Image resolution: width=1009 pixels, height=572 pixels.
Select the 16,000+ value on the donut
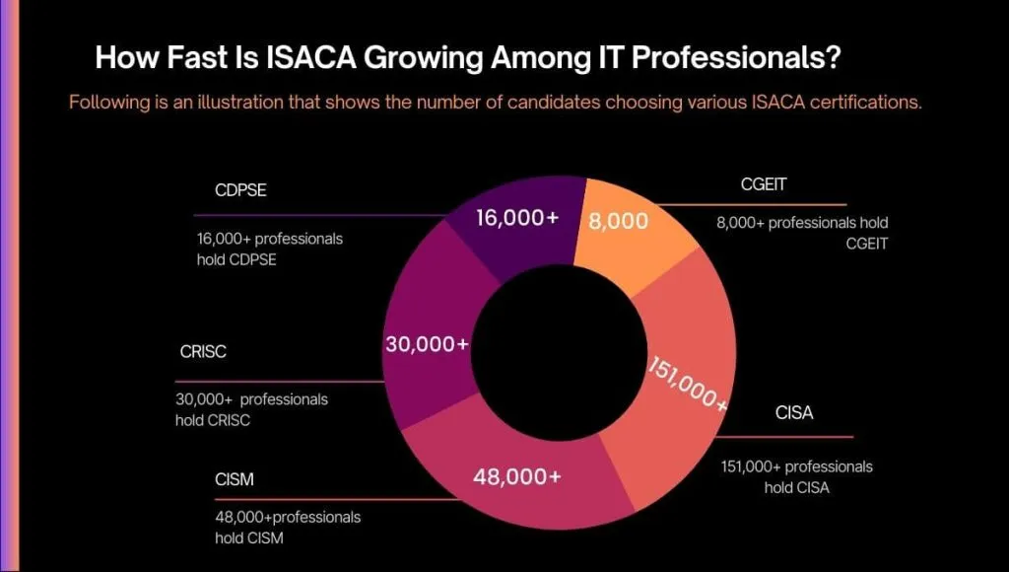tap(517, 217)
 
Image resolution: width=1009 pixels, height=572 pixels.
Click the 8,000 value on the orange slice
tap(618, 221)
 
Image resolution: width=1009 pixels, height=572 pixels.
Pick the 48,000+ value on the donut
tap(516, 476)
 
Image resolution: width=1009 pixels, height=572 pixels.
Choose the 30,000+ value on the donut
tap(427, 344)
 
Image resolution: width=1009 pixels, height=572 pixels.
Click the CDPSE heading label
tap(240, 190)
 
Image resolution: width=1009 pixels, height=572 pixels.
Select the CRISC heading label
tap(203, 352)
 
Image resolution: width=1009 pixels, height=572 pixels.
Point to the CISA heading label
tap(793, 413)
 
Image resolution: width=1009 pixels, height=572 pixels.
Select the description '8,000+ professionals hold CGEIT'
tap(802, 233)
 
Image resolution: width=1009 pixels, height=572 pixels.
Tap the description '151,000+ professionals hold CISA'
tap(796, 476)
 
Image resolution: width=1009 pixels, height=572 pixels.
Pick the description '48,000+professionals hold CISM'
tap(288, 527)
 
